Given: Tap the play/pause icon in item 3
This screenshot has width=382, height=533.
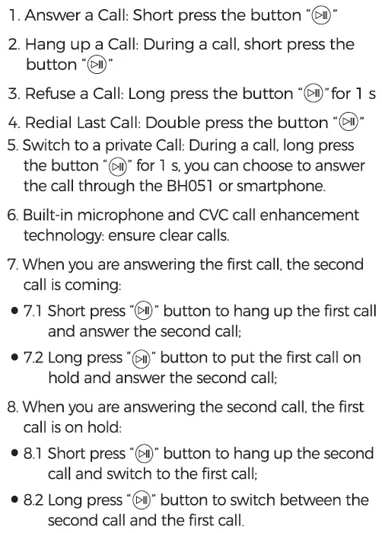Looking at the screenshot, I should [313, 94].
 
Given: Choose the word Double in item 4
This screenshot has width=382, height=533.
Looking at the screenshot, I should [172, 122].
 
